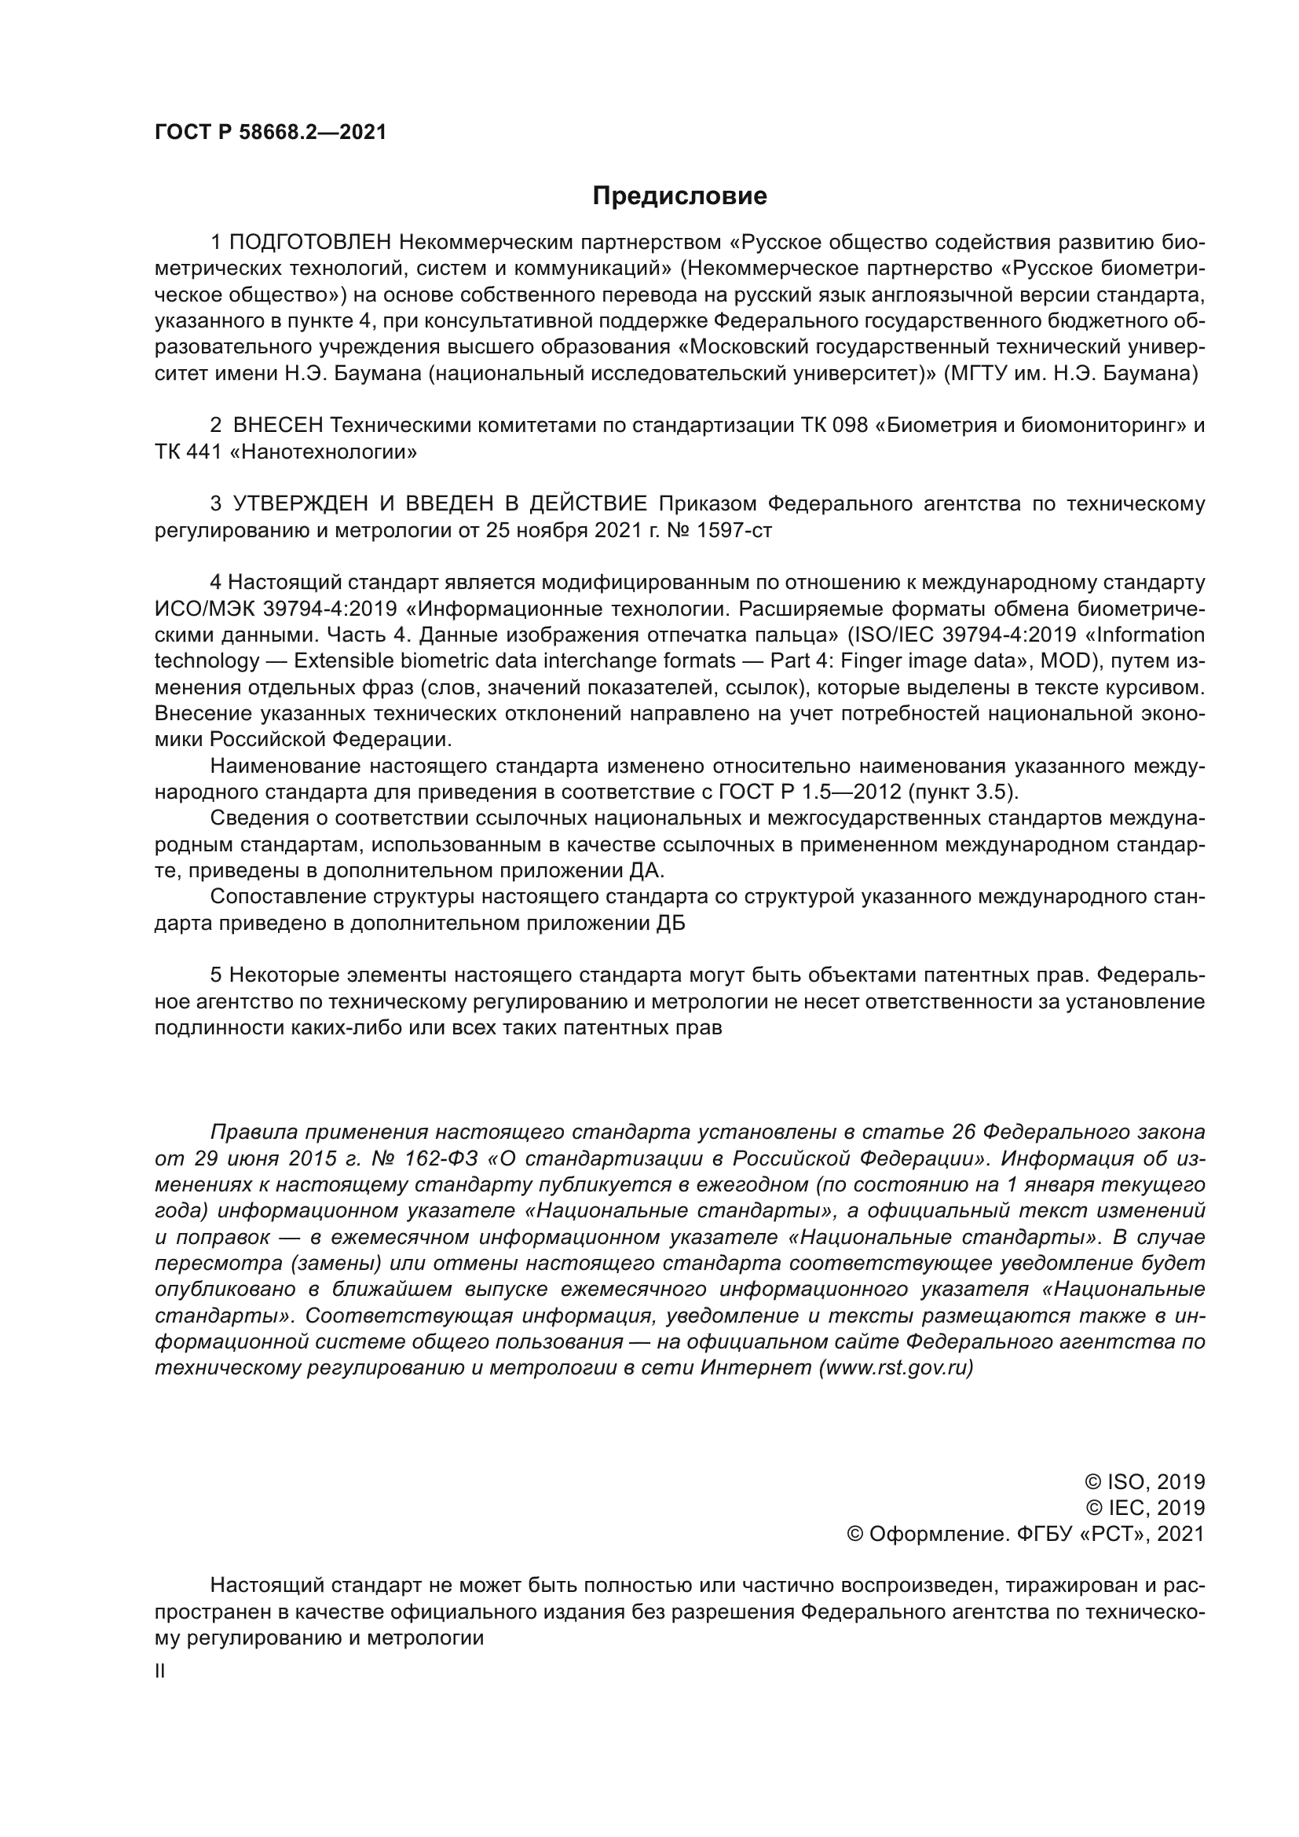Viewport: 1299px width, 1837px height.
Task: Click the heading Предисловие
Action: pos(679,196)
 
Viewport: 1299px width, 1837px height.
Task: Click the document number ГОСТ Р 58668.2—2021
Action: pos(270,133)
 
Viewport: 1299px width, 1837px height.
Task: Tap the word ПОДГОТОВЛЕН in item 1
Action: pos(311,243)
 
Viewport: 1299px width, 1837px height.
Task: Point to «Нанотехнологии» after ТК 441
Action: pos(323,452)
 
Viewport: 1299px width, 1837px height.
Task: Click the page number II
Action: pos(160,1671)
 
